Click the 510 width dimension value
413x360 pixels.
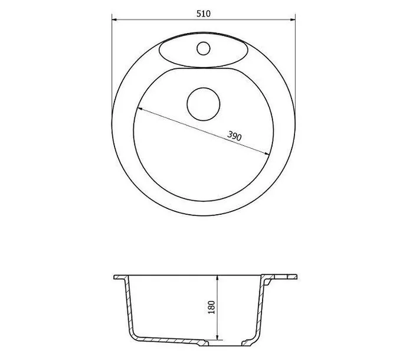click(204, 14)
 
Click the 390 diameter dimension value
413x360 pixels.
click(234, 136)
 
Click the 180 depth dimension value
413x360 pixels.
click(211, 307)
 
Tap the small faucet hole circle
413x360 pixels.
click(204, 48)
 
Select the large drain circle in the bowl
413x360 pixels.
click(204, 104)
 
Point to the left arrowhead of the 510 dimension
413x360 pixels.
click(114, 19)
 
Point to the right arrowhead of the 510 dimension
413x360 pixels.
click(293, 19)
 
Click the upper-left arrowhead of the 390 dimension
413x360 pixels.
click(140, 109)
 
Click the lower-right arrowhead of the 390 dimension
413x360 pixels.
click(267, 154)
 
